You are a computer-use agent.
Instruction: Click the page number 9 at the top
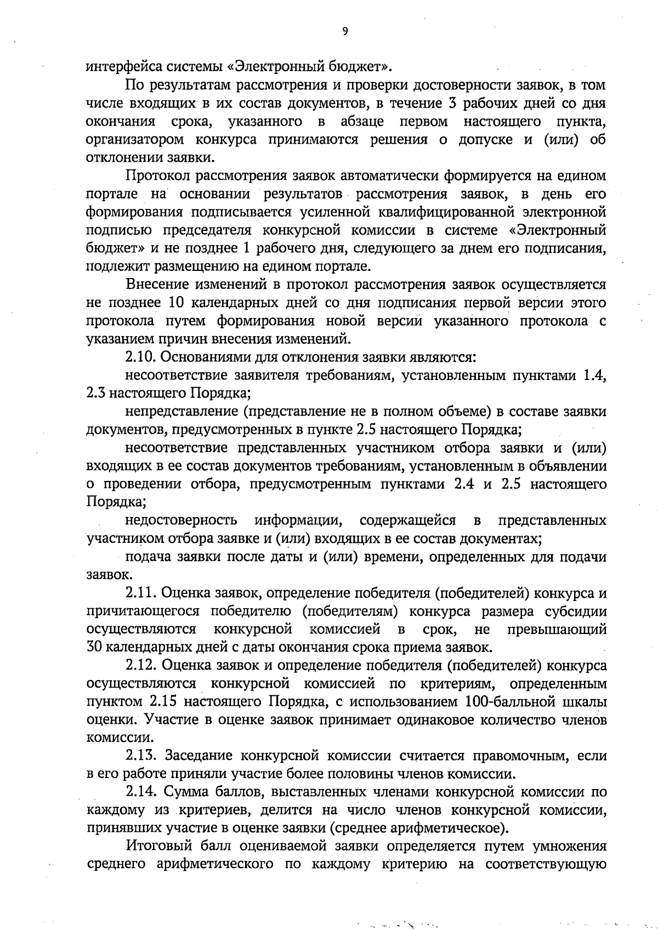(345, 31)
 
